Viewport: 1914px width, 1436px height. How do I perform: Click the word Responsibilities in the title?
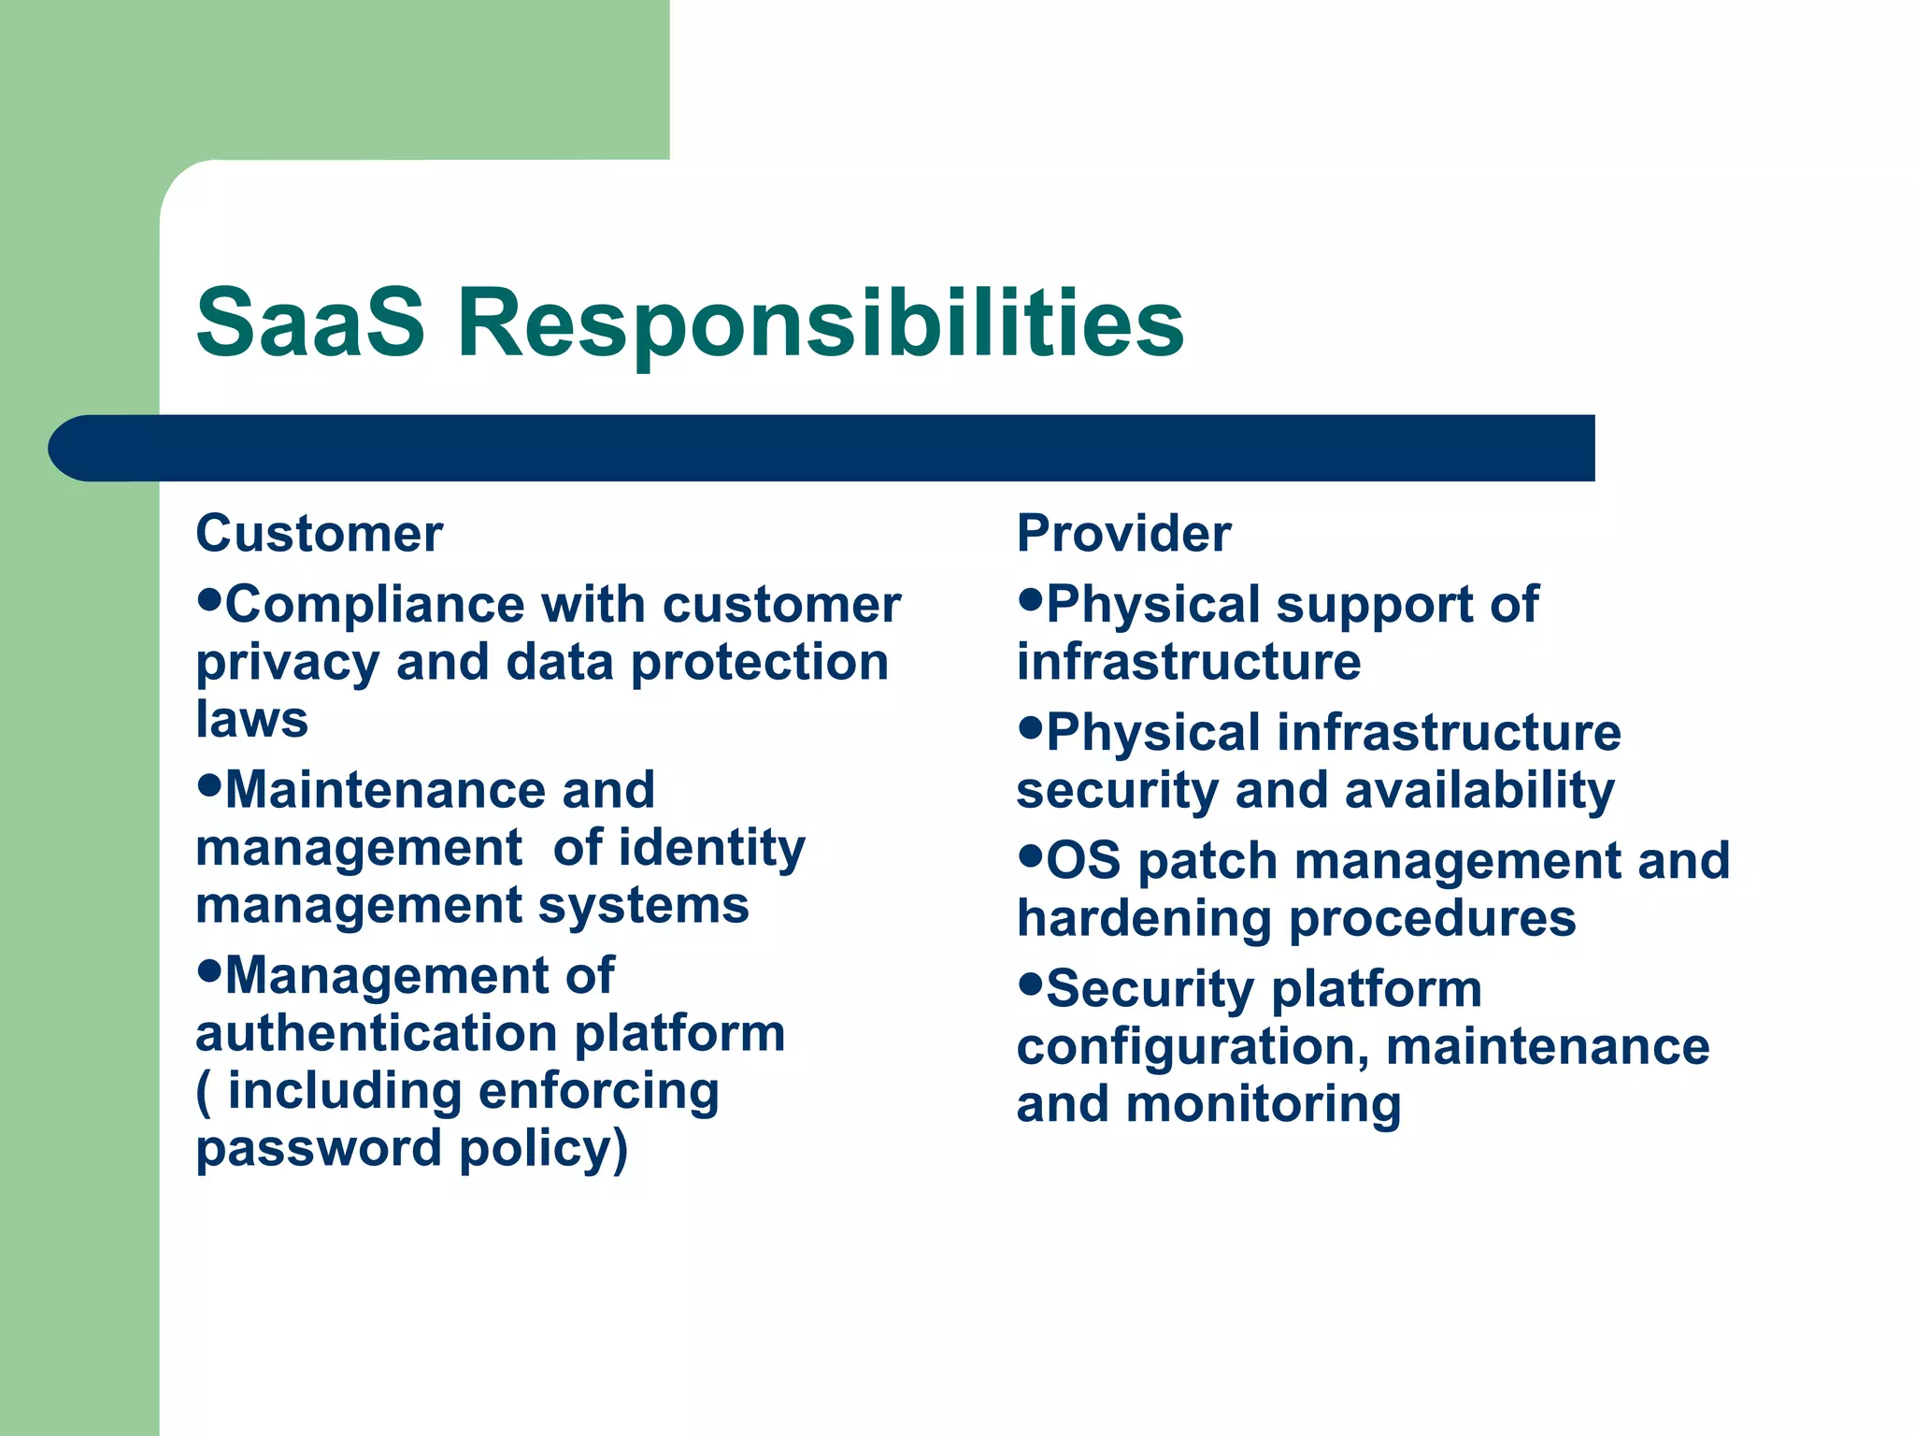(821, 323)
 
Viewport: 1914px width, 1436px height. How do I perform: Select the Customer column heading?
(319, 534)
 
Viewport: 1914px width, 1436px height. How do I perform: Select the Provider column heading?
(1123, 534)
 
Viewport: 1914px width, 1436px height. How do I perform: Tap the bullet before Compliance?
(209, 597)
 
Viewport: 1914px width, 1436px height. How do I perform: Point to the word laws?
(251, 720)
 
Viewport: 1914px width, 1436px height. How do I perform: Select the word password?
(318, 1148)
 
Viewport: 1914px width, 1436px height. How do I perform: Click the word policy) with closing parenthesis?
(544, 1148)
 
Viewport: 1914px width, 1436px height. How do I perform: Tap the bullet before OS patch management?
(1030, 854)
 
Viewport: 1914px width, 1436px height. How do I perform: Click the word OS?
(1083, 860)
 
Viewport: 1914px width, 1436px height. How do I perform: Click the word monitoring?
(1264, 1104)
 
